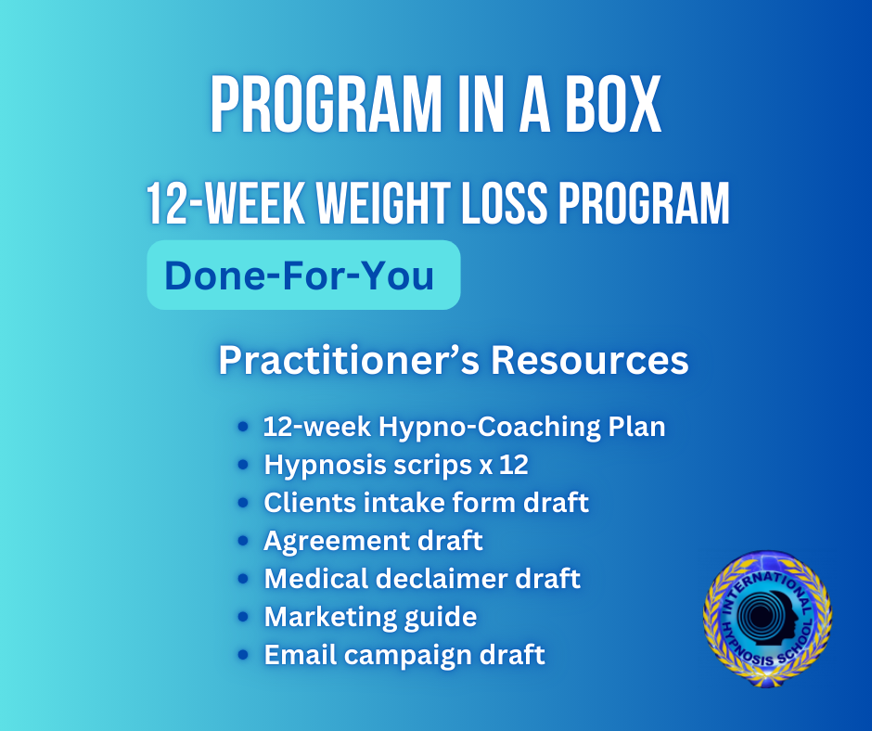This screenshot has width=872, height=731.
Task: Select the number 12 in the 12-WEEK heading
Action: (x=165, y=203)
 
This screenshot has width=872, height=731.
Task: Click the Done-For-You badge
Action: (x=303, y=275)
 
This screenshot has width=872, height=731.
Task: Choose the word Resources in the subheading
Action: (x=589, y=361)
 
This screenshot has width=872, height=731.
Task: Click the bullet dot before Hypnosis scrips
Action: (x=242, y=465)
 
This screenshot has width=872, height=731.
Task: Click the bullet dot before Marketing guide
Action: (x=242, y=616)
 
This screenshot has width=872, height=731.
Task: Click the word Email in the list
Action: (x=300, y=654)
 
